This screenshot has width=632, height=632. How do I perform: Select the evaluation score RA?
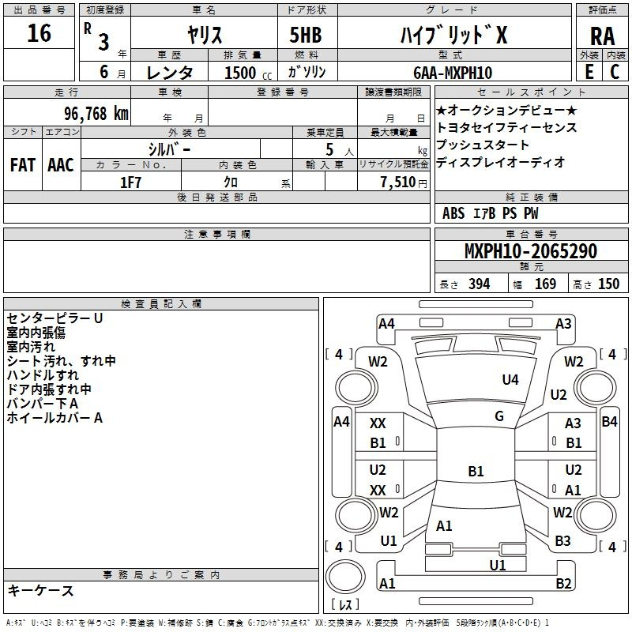[602, 36]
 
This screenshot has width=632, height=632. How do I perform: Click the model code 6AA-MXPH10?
[451, 73]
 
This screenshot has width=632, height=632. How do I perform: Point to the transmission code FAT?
[22, 164]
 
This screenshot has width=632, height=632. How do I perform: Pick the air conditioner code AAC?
[60, 164]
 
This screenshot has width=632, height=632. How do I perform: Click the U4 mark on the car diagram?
[510, 380]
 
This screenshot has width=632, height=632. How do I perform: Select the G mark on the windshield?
[499, 416]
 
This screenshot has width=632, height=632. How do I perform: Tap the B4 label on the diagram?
[609, 422]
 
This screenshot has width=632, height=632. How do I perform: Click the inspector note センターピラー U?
[55, 318]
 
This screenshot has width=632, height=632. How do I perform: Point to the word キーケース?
[40, 590]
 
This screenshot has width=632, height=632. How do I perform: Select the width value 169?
[545, 284]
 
